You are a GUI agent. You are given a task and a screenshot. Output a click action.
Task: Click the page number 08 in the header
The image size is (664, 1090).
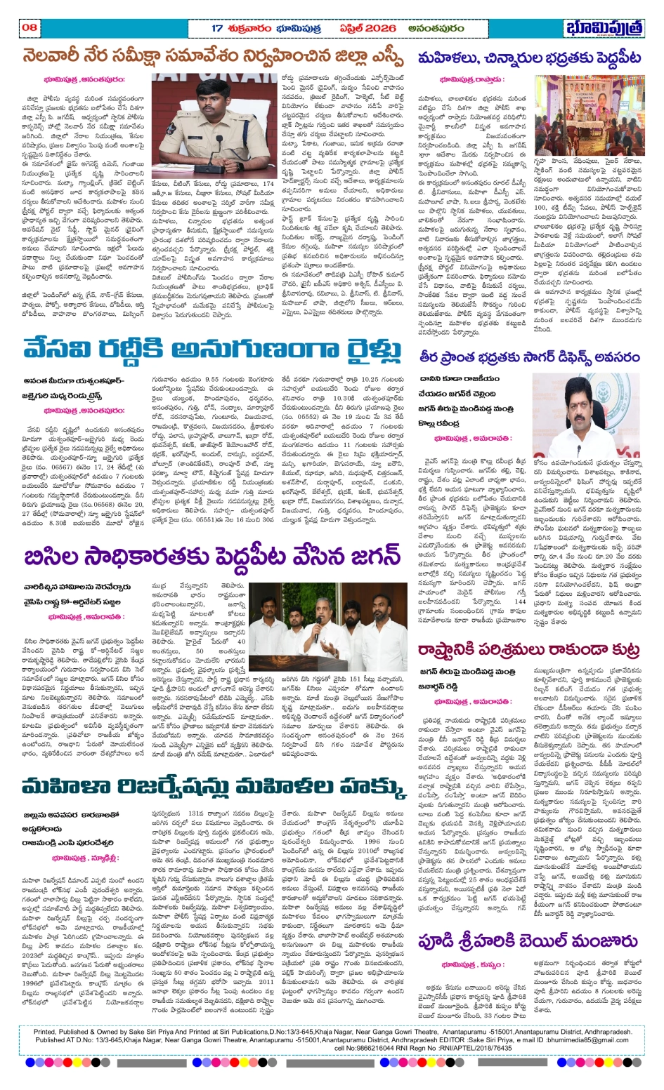click(30, 27)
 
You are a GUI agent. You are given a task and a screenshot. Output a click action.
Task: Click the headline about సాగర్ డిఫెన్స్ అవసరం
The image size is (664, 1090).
click(528, 357)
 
